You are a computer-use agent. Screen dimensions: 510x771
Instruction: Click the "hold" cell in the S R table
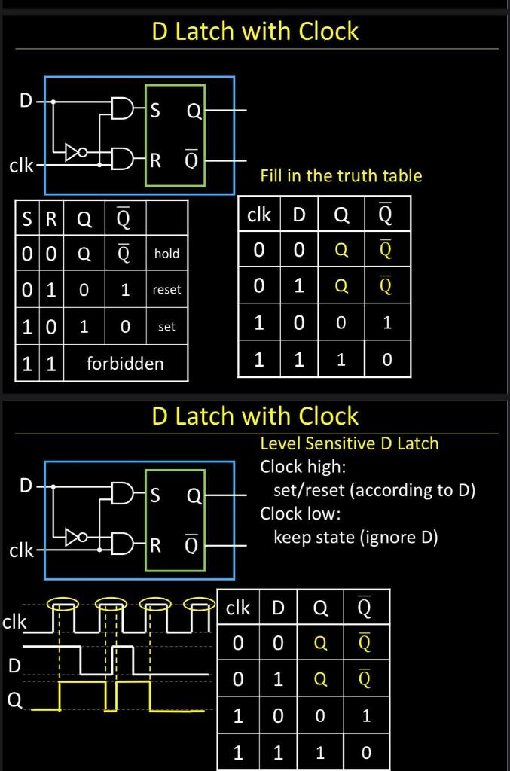(x=166, y=254)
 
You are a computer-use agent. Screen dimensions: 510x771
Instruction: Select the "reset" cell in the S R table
(x=166, y=290)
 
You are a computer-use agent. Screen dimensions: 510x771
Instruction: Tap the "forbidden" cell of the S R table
(x=125, y=364)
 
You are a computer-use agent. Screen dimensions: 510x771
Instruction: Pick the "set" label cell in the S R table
(x=166, y=327)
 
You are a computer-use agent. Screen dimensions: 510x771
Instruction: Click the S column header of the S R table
(x=27, y=218)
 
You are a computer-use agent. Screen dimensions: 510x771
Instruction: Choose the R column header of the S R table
(x=51, y=218)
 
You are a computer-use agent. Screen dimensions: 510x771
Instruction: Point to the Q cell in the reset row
(x=84, y=290)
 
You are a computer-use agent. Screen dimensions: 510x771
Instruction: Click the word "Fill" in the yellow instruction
(x=271, y=175)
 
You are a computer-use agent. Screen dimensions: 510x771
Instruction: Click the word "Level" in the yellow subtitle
(x=280, y=443)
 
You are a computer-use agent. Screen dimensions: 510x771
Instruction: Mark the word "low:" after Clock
(x=325, y=513)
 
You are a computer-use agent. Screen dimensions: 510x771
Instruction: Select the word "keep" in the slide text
(x=290, y=538)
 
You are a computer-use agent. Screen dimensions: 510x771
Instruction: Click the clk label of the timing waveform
(x=14, y=622)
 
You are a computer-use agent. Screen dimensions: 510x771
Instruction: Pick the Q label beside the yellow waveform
(x=15, y=699)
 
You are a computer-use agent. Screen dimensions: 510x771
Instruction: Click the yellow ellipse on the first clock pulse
(x=63, y=603)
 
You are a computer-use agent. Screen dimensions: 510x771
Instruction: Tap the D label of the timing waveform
(x=15, y=666)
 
